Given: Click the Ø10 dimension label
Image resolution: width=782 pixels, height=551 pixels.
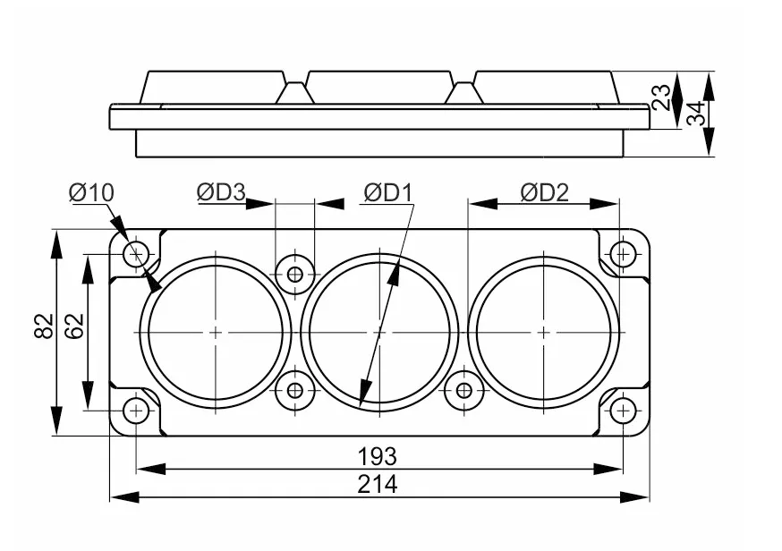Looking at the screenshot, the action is coord(91,193).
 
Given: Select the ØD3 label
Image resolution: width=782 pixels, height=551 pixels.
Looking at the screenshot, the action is coord(221,192).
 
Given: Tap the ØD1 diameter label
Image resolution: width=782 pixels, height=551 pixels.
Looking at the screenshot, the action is coord(388,192).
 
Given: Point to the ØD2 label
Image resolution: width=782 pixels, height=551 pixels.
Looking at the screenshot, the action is coord(544,192).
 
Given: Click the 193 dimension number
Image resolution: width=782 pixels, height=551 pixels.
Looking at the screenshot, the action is coord(378,456).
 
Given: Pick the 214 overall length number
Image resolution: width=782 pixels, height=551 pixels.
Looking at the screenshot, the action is coord(378,484).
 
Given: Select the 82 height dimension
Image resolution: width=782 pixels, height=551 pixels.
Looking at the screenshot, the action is coord(45,326).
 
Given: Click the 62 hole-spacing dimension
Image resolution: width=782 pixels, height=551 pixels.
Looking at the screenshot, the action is coord(75,326).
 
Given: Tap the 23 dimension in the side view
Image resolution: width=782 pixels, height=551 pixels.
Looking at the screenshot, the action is coord(661,97).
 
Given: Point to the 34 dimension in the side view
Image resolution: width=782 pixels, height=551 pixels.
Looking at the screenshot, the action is coord(696,113).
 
